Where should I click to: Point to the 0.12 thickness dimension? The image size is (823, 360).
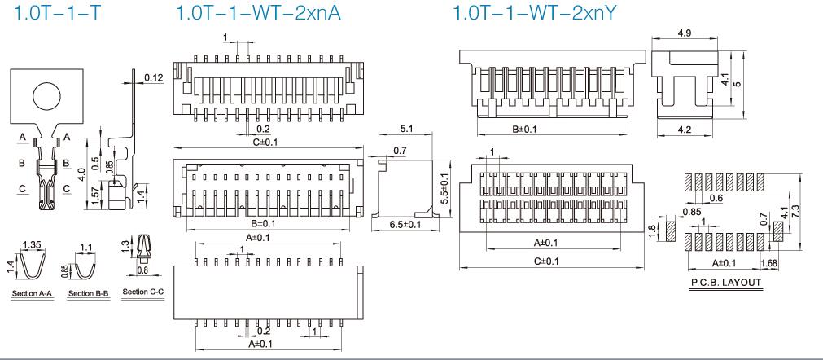coord(153,77)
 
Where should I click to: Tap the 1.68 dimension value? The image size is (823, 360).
coord(770,262)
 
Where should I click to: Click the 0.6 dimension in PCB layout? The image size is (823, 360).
coord(717,198)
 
